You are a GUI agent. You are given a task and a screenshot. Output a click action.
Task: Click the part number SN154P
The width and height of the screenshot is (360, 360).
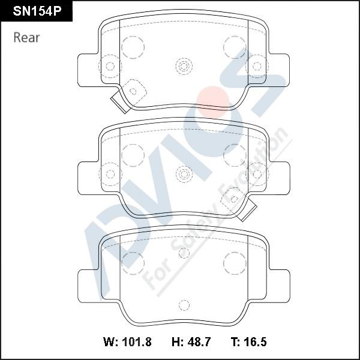pyautogui.click(x=37, y=11)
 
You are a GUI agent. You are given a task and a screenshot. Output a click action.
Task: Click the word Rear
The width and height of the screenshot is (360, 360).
pyautogui.click(x=26, y=37)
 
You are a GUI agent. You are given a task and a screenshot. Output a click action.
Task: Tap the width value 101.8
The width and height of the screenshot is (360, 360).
pyautogui.click(x=137, y=342)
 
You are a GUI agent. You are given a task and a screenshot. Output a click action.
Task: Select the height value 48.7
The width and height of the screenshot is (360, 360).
pyautogui.click(x=199, y=342)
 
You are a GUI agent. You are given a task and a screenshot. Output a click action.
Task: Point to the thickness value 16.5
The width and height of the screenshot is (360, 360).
pyautogui.click(x=255, y=342)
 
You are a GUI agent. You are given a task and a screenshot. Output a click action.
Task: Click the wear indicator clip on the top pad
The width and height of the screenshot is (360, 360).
pyautogui.click(x=119, y=102)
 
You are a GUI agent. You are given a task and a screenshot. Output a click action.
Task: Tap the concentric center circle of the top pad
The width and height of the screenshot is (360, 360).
pyautogui.click(x=184, y=67)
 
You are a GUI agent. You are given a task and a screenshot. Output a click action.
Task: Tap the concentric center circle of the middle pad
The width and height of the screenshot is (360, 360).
pyautogui.click(x=184, y=174)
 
